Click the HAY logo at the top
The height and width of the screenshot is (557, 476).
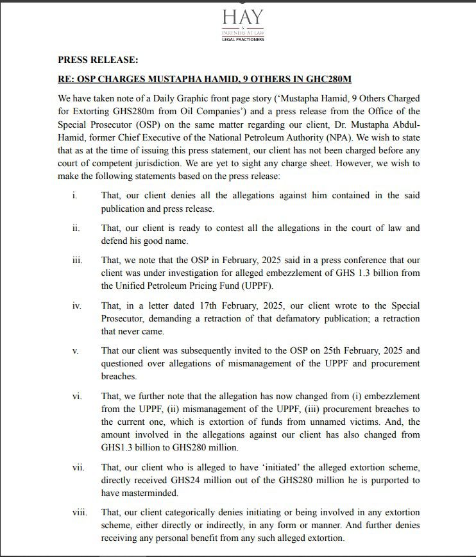click(243, 17)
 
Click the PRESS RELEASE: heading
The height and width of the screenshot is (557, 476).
click(98, 60)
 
